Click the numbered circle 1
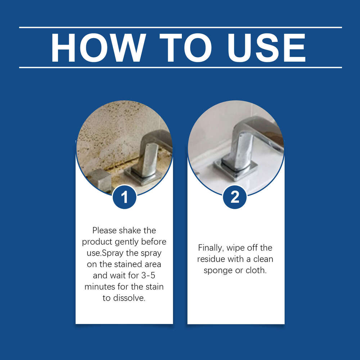pyautogui.click(x=124, y=197)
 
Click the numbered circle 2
pyautogui.click(x=235, y=197)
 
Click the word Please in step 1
pyautogui.click(x=104, y=230)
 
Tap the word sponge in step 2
pyautogui.click(x=218, y=271)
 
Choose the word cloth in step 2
pyautogui.click(x=256, y=271)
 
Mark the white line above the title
pyautogui.click(x=180, y=27)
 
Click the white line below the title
pyautogui.click(x=180, y=67)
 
